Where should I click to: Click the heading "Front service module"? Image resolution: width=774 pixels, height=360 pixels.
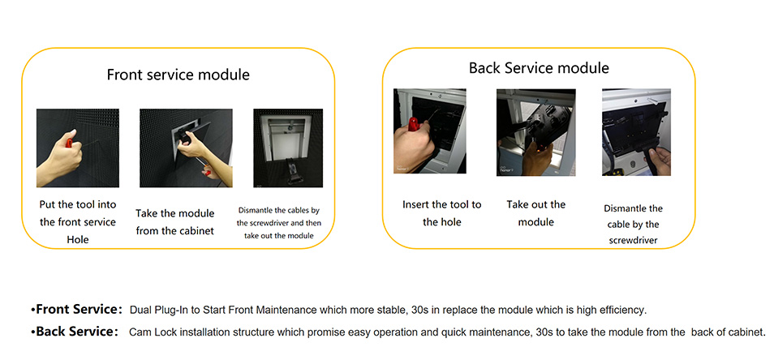click(x=178, y=75)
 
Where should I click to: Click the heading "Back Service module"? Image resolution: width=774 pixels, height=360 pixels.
click(x=539, y=67)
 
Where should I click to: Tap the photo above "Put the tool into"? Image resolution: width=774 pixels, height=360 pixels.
click(x=78, y=148)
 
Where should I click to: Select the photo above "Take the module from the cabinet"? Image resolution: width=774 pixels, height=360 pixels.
click(x=186, y=148)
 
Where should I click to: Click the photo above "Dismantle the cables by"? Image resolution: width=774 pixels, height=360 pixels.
click(x=288, y=148)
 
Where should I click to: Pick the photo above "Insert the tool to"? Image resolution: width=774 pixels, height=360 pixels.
click(x=429, y=131)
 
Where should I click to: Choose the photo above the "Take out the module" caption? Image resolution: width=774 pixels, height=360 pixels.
click(x=536, y=132)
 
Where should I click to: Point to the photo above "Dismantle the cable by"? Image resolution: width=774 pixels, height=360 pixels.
click(x=636, y=132)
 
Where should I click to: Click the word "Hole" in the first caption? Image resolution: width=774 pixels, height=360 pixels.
click(x=78, y=240)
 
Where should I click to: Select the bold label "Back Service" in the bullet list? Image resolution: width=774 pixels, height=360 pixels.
click(x=75, y=332)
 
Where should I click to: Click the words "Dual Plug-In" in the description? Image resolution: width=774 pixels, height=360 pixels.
click(x=154, y=311)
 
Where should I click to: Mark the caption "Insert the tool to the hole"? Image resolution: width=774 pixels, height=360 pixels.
click(x=442, y=213)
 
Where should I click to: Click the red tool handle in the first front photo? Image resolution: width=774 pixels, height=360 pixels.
click(x=70, y=143)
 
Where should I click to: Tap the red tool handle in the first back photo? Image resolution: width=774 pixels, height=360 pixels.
click(x=413, y=125)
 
